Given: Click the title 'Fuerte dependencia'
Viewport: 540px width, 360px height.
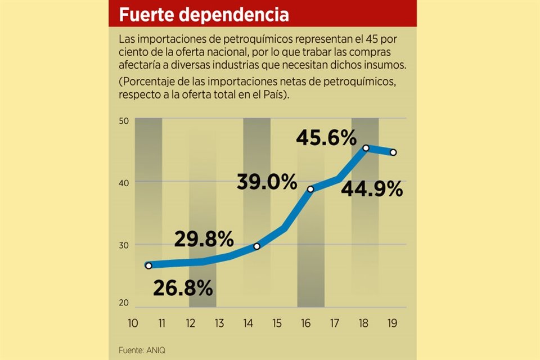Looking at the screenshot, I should (204, 14).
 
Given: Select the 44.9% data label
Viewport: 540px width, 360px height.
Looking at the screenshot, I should (372, 190).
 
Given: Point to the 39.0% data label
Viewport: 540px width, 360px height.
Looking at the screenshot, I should (267, 182).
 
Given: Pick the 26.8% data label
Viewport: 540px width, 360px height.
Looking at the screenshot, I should (183, 288).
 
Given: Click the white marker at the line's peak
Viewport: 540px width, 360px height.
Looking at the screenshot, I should (366, 148).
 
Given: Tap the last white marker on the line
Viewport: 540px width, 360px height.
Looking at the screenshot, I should (393, 152).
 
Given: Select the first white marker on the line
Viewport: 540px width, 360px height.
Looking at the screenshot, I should (148, 265).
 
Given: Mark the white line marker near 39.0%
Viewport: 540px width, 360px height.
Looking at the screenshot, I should (310, 189).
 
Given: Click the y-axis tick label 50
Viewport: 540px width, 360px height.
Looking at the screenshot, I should (124, 121).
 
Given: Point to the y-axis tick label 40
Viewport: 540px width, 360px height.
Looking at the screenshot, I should (124, 182).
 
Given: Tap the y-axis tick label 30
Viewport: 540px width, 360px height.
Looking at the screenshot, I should (124, 245).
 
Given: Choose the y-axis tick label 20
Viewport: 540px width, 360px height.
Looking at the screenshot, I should (124, 303).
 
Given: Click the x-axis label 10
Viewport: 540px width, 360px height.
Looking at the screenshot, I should (133, 323).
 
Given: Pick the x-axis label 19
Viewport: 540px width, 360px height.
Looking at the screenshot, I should (393, 323).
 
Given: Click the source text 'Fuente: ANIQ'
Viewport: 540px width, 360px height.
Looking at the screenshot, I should (142, 350).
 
